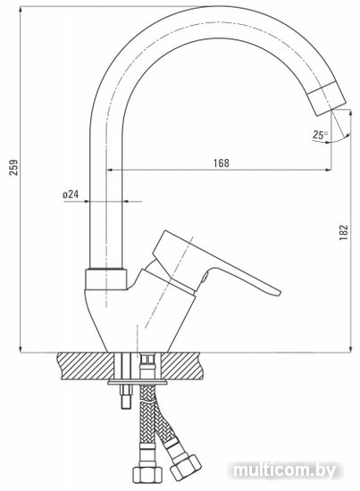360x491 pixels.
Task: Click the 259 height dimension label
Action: pyautogui.click(x=14, y=168)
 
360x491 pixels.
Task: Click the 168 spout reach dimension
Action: pyautogui.click(x=222, y=163)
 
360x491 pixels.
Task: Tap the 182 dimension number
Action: pyautogui.click(x=344, y=232)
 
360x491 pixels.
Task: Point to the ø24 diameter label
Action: pyautogui.click(x=71, y=195)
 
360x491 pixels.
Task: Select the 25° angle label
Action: pyautogui.click(x=320, y=135)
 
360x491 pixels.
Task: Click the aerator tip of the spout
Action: pyautogui.click(x=326, y=97)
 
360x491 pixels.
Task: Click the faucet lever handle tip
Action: pyautogui.click(x=276, y=292)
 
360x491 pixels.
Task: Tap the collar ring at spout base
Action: pyautogui.click(x=106, y=279)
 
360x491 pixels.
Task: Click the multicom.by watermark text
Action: pyautogui.click(x=284, y=470)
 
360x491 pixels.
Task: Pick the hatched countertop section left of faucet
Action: pyautogui.click(x=86, y=366)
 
